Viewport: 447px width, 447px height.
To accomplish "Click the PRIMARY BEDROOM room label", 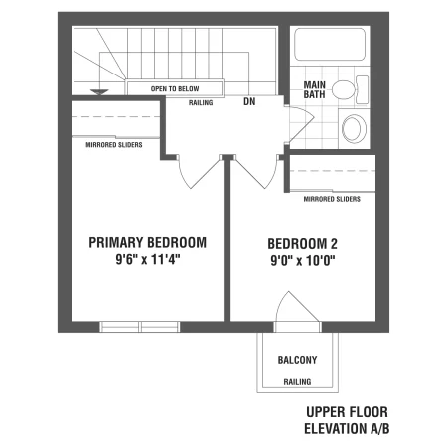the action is (x=147, y=242).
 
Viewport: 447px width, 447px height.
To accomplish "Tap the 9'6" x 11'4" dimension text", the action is (x=148, y=259).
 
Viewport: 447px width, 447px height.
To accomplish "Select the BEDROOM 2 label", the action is (x=302, y=244).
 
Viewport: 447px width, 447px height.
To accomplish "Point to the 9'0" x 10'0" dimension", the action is (x=303, y=261).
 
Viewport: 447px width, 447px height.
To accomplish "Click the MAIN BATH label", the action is (x=314, y=89).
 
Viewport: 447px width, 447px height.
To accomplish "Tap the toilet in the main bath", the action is (x=350, y=89).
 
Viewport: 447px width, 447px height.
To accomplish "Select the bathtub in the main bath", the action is (x=330, y=44).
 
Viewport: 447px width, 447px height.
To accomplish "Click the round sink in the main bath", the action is (x=354, y=128).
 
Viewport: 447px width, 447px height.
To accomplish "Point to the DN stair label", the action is (x=249, y=101).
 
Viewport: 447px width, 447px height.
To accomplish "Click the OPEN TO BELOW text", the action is (x=175, y=89).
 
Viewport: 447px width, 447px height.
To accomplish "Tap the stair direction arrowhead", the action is (x=99, y=92).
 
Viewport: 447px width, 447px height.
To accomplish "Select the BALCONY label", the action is (x=297, y=360).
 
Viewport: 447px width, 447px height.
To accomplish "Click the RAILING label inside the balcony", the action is (x=297, y=382).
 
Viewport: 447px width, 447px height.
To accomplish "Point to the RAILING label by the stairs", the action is (x=201, y=103).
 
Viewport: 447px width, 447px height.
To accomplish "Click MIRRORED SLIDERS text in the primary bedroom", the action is (x=114, y=145).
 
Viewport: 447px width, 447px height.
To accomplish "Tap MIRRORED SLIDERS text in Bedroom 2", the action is (x=332, y=199).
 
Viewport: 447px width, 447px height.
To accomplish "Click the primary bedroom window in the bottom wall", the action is (x=140, y=327).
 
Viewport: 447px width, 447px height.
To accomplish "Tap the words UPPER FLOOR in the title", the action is (x=347, y=412).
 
